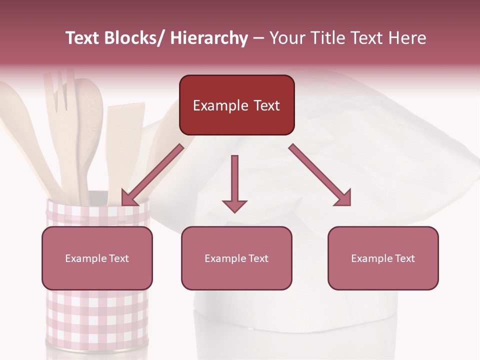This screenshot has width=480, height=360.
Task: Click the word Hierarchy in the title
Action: click(x=209, y=38)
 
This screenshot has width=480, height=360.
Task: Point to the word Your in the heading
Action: click(x=287, y=38)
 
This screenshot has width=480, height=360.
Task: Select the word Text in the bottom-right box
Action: click(x=404, y=258)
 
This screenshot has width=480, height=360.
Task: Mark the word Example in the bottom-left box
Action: click(x=85, y=258)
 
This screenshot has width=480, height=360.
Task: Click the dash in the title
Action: click(x=258, y=38)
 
